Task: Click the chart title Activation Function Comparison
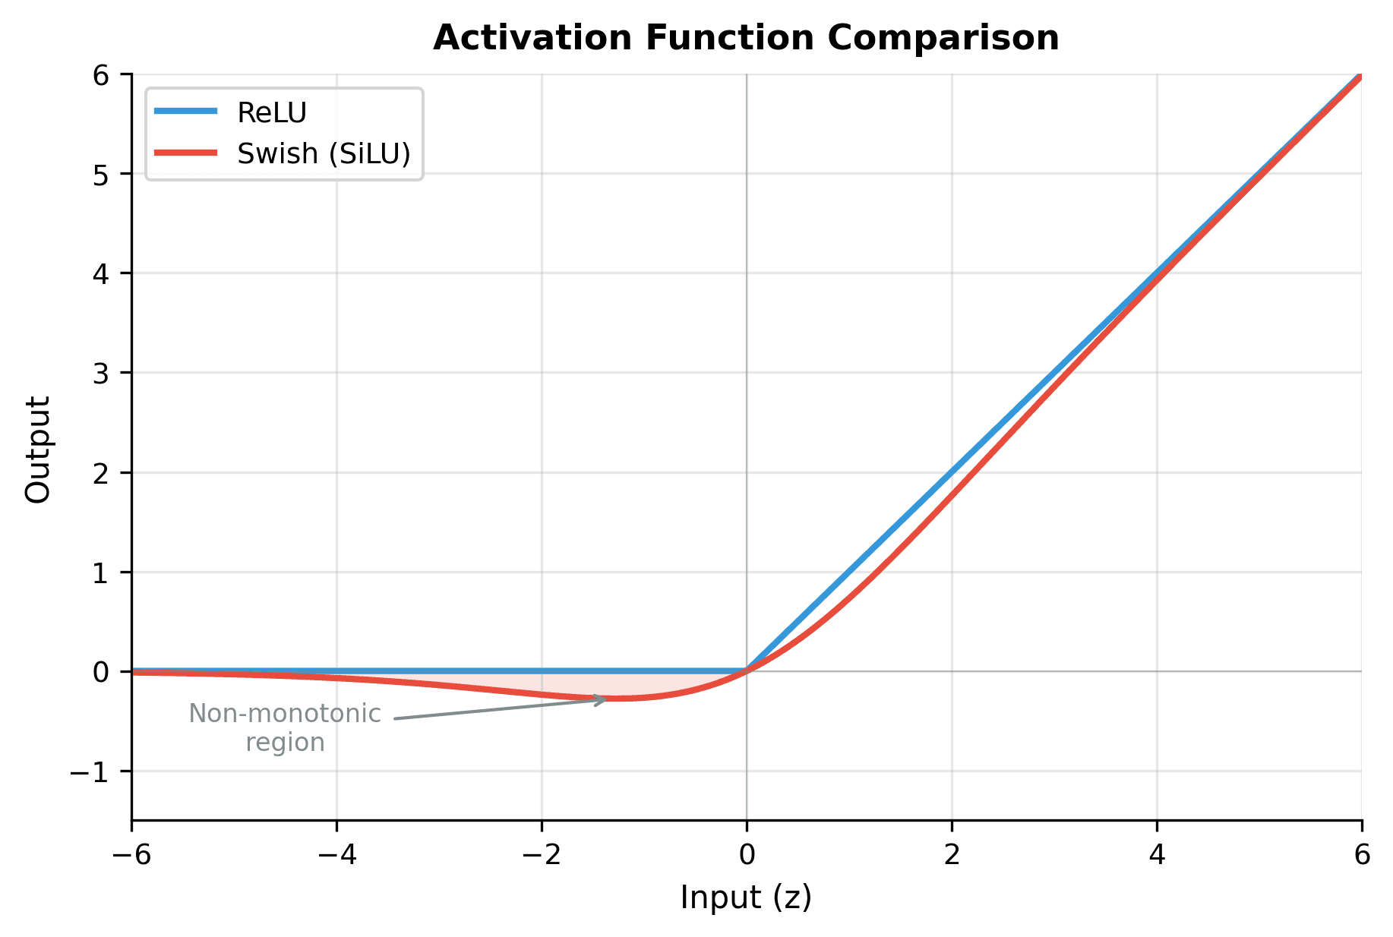746,38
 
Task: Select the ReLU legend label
272,113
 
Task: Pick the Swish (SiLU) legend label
324,154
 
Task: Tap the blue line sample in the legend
186,112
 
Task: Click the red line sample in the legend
186,153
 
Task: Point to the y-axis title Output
37,449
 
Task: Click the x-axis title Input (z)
746,898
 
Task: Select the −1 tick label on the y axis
90,772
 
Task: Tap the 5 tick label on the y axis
102,174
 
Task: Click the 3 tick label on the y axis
102,374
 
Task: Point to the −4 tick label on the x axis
336,856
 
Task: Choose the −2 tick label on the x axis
542,856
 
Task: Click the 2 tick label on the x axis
952,856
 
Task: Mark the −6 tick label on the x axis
131,856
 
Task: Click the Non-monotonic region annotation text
285,727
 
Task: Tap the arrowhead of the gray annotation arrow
602,699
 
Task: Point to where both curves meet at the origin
747,671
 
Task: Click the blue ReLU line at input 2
952,472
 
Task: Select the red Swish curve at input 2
952,496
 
